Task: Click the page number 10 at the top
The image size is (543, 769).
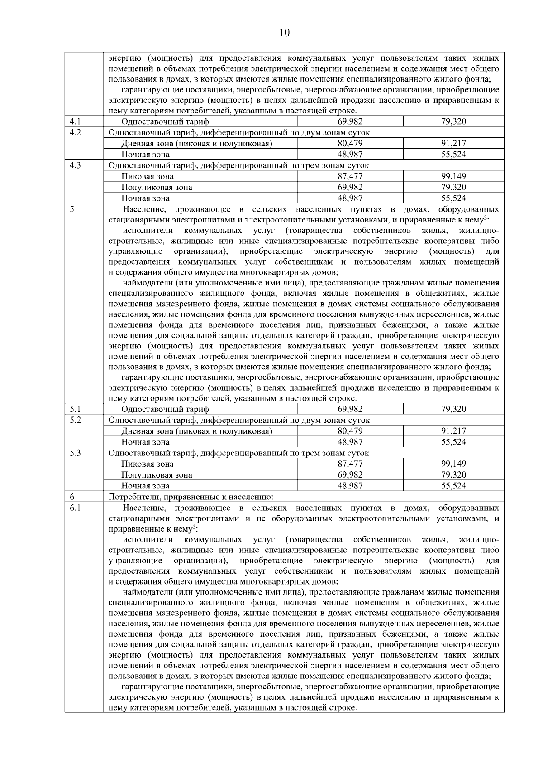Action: (285, 33)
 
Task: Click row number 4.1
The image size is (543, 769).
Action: (75, 121)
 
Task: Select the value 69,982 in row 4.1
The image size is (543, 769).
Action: (350, 121)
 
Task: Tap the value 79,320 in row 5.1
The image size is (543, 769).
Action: (453, 409)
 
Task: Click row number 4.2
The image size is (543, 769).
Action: (75, 132)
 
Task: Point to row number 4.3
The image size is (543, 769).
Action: (75, 165)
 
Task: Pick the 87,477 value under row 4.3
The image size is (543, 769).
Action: (350, 176)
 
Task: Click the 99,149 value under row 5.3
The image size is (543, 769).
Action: (453, 464)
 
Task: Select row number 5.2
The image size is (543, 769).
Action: (75, 420)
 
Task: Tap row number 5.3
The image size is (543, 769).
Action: (75, 453)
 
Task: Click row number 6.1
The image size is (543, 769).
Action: (75, 508)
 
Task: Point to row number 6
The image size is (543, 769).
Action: (72, 497)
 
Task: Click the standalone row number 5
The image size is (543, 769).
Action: (72, 209)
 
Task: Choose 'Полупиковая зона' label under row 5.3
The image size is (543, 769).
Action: (157, 475)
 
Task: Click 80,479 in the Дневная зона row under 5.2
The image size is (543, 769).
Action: (350, 431)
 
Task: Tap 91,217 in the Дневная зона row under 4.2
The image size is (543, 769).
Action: (453, 143)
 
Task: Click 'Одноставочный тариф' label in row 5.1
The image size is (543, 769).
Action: (165, 409)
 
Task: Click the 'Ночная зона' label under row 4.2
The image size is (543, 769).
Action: (145, 155)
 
